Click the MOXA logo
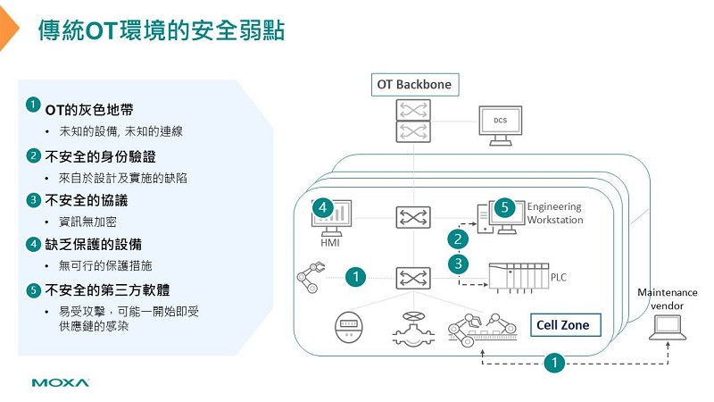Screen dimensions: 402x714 click(x=60, y=383)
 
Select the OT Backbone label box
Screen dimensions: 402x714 click(x=414, y=85)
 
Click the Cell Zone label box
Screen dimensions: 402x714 click(x=562, y=325)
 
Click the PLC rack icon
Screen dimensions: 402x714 click(x=516, y=277)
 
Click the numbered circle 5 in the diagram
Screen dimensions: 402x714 click(x=503, y=207)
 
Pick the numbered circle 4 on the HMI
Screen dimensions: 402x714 click(x=323, y=209)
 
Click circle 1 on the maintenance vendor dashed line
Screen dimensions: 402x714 click(x=554, y=363)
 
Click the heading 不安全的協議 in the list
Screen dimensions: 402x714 click(x=86, y=200)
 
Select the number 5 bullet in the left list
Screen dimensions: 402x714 click(x=33, y=289)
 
